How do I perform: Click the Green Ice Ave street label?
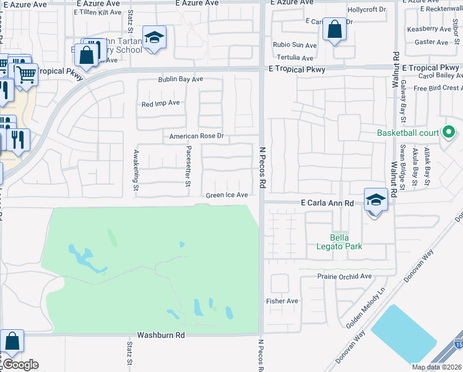[x=227, y=195]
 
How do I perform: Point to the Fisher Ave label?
[x=282, y=301]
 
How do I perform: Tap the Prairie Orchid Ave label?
[x=344, y=276]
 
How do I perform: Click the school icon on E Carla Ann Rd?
[x=375, y=200]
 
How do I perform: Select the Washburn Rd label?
[x=161, y=334]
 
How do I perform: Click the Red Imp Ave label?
[x=160, y=104]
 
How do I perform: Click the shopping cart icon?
[x=25, y=75]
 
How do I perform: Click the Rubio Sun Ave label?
[x=296, y=45]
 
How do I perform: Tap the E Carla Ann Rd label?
[x=327, y=203]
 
